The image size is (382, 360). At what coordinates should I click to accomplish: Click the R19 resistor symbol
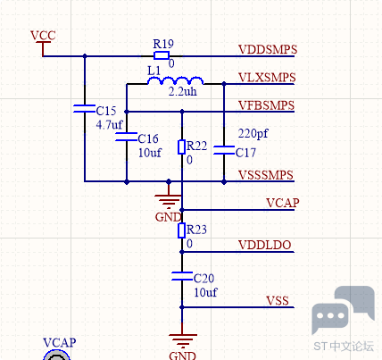point(162,55)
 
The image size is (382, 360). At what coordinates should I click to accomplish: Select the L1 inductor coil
point(176,80)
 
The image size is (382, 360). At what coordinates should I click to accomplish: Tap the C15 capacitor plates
point(85,109)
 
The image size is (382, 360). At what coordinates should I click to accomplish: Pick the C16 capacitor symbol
point(127,137)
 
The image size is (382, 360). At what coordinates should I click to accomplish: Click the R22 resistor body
point(182,147)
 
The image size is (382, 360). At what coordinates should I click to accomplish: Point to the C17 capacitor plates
point(224,150)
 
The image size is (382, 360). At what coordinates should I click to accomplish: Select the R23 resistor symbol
point(182,230)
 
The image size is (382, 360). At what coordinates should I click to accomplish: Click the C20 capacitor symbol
point(182,276)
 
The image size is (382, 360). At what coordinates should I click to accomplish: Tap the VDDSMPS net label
point(268,49)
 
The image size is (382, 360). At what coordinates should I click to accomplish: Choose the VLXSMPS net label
point(267,78)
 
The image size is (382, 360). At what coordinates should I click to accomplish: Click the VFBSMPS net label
point(267,105)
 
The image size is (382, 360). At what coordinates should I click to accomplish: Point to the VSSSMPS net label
point(266,175)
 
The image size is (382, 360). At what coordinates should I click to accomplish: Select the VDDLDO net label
point(265,245)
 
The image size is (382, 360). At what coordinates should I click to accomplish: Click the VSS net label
point(278,301)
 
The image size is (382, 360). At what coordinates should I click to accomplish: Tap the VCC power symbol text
point(43,36)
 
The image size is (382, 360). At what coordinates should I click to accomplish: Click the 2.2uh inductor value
point(183,91)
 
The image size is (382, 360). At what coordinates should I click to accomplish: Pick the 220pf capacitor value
point(253,133)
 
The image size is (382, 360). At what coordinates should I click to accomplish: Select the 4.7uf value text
point(109,124)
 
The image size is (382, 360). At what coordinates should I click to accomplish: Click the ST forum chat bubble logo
point(343,310)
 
